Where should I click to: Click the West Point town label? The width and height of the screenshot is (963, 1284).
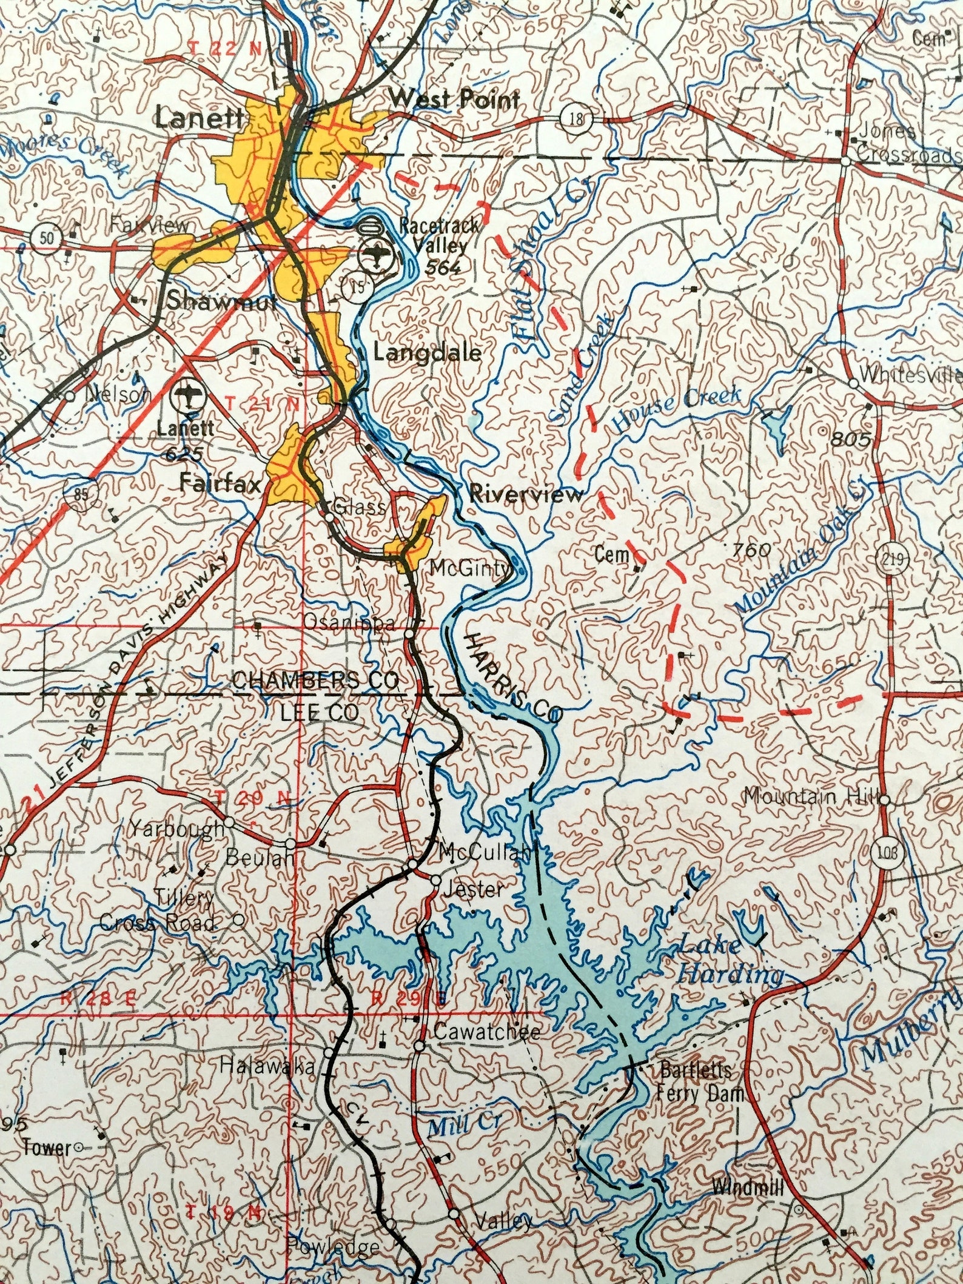tap(454, 99)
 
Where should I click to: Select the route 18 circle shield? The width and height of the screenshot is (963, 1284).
tap(577, 119)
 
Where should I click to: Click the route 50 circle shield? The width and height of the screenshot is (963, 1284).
tap(47, 237)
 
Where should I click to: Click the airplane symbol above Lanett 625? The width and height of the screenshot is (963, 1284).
tap(187, 397)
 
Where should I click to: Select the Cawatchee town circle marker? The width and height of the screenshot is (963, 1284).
tap(419, 1046)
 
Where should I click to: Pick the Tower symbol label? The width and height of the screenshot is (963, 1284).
tap(46, 1147)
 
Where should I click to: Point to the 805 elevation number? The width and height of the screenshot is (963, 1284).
tap(850, 439)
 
